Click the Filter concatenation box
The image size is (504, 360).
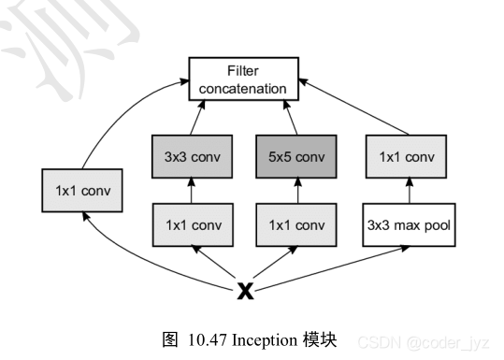246,79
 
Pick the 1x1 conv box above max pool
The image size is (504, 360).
408,155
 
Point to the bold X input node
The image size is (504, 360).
245,292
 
